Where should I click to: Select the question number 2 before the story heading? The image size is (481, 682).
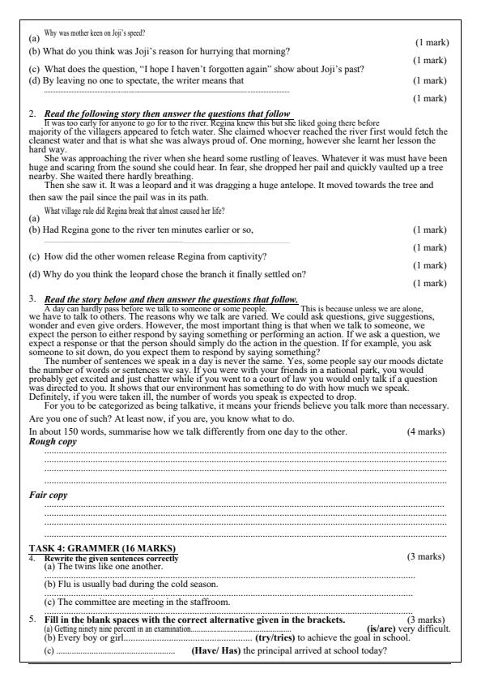32,114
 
